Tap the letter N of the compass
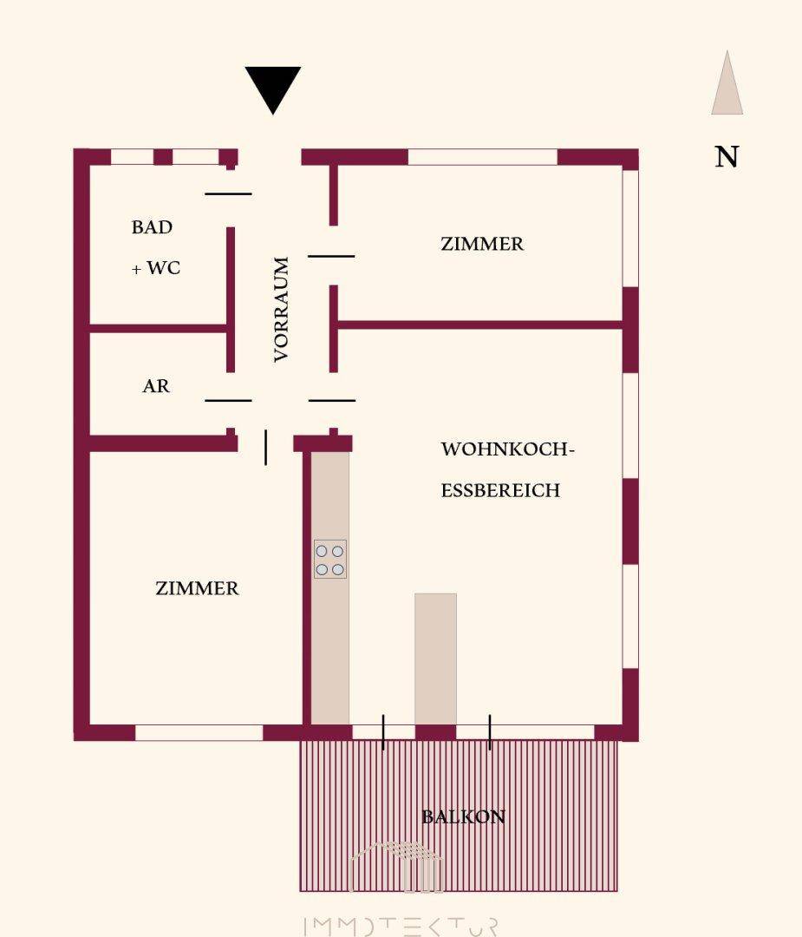727,156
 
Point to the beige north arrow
727,82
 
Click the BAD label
153,227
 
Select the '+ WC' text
156,268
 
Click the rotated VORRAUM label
281,309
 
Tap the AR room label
156,386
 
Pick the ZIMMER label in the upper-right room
482,244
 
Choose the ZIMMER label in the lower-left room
197,588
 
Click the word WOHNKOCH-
507,449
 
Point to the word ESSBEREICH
500,490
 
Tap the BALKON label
463,817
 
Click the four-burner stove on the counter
329,560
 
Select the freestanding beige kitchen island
435,659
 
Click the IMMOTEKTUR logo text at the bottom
400,926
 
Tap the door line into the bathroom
228,193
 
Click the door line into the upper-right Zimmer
331,256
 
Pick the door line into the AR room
228,400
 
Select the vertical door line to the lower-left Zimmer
265,447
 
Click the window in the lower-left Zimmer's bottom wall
199,732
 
